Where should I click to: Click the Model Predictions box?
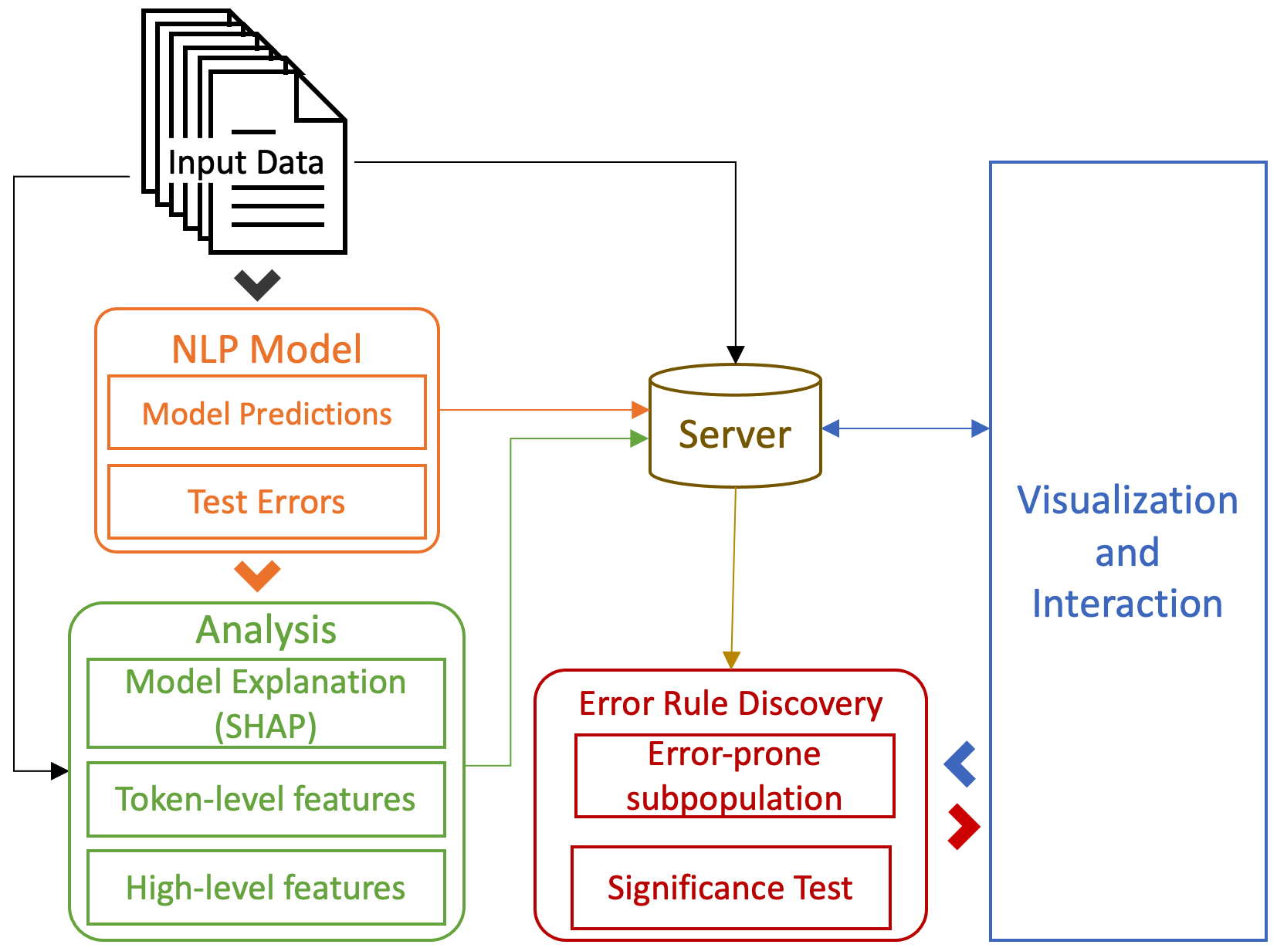pos(266,413)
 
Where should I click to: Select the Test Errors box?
pos(266,502)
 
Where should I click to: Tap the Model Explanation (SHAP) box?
pos(266,703)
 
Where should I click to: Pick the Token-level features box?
pos(266,799)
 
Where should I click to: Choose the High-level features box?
pos(266,888)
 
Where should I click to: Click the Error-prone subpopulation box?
pos(734,776)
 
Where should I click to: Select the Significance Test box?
pos(730,888)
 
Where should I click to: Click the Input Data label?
pos(246,163)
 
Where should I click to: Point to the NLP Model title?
pos(266,349)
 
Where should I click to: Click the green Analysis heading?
pos(266,630)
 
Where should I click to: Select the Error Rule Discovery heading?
pos(730,703)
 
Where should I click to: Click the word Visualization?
pos(1127,500)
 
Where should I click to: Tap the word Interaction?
pos(1127,604)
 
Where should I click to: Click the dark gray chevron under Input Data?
pos(257,285)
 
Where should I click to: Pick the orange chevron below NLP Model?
pos(257,576)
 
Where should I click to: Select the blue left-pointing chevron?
pos(960,764)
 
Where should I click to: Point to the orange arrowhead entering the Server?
pos(640,409)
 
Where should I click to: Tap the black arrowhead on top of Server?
pos(736,354)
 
